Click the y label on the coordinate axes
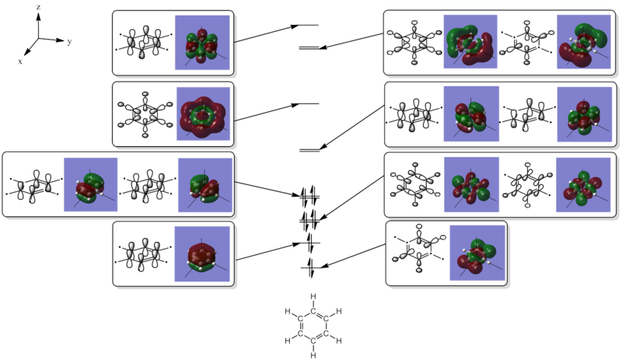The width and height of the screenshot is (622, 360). (x=70, y=44)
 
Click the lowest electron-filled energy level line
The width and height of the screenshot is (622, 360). (x=312, y=268)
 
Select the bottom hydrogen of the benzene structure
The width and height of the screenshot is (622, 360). (x=312, y=354)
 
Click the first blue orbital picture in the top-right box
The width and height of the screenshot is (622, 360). (x=470, y=44)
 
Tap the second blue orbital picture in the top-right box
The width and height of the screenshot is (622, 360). (x=585, y=44)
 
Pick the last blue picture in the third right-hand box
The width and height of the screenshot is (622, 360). (x=585, y=185)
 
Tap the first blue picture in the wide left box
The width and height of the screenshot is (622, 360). (x=90, y=186)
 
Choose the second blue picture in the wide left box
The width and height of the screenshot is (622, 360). (x=204, y=186)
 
